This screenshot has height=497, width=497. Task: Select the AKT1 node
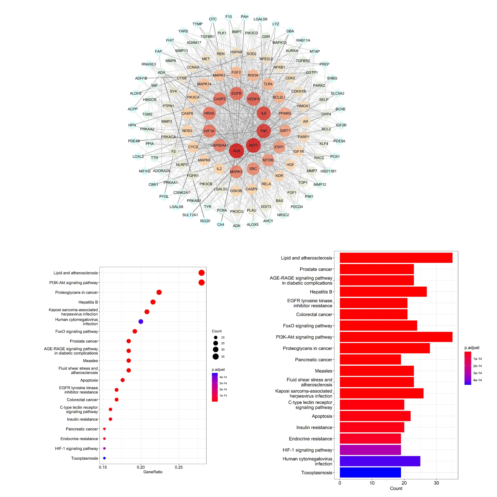coord(253,145)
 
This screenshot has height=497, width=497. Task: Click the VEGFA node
coord(253,99)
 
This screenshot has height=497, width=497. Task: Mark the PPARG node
coord(285,113)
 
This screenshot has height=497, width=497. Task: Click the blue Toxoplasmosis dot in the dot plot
coord(104,458)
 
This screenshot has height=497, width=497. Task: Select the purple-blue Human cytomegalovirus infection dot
coord(141,322)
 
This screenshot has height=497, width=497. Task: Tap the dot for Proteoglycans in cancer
coord(159,292)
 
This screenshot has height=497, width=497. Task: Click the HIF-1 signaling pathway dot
coord(104,448)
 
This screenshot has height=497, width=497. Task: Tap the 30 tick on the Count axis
coord(436,483)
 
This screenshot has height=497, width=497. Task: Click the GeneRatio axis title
coord(153,472)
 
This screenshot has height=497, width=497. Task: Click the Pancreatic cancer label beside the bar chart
coord(314,360)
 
